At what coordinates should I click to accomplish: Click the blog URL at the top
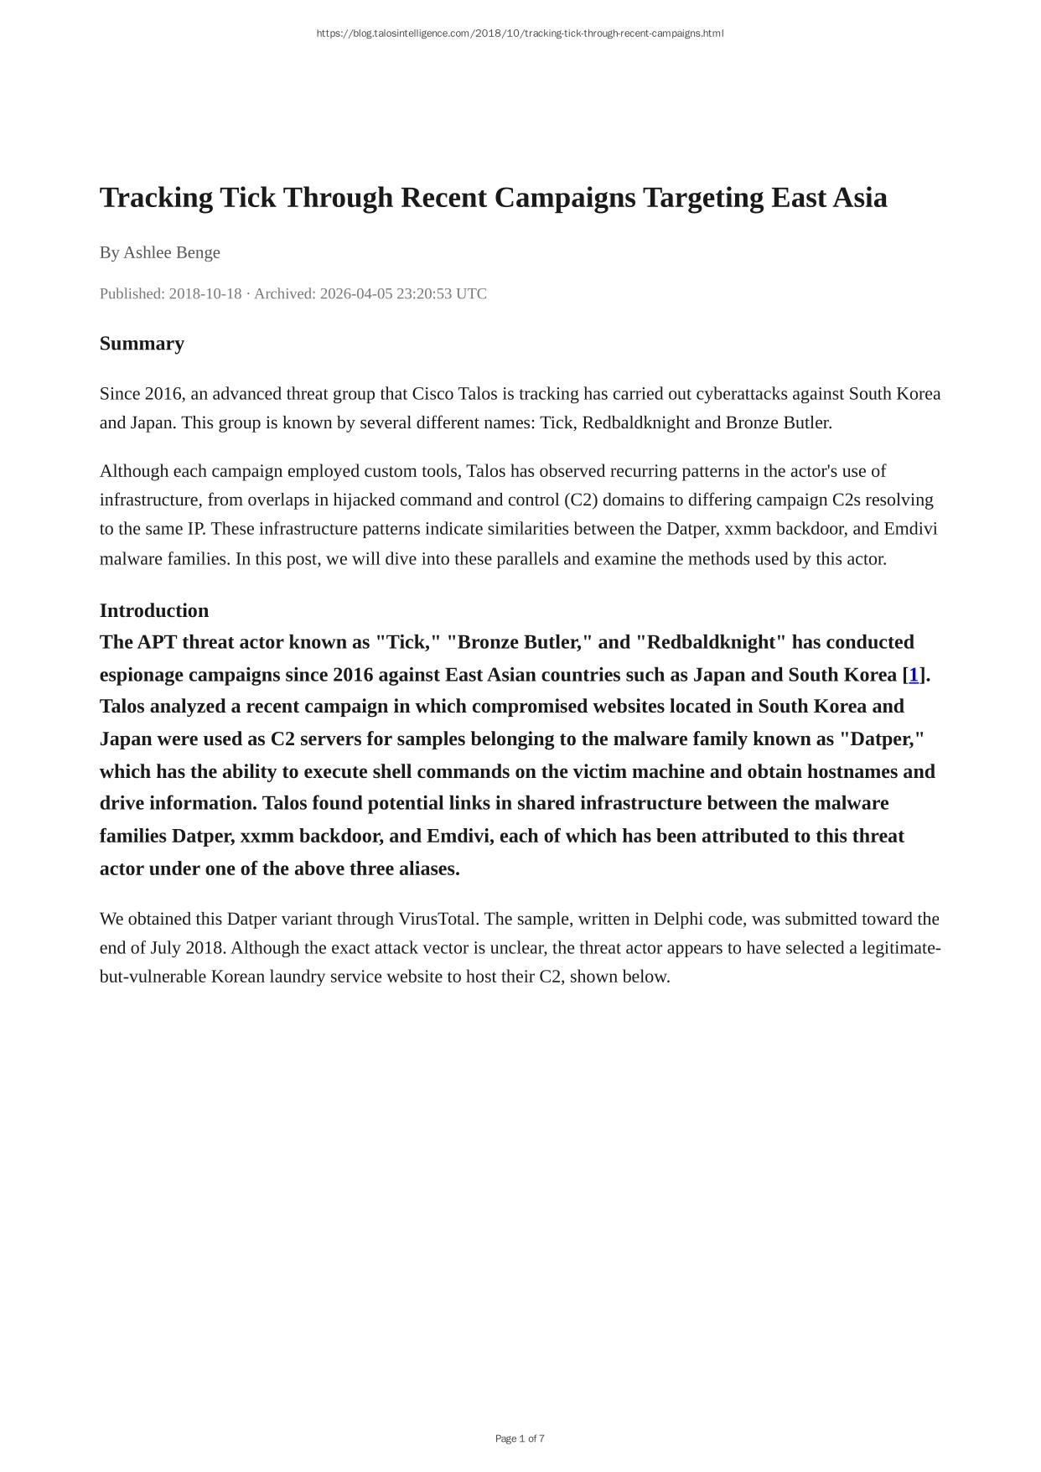(520, 34)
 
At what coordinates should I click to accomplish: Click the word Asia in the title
(857, 198)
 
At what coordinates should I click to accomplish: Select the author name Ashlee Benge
(172, 252)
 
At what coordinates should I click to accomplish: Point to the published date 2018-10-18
(205, 293)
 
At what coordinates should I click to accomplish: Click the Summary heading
(142, 344)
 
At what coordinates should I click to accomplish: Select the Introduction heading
(154, 610)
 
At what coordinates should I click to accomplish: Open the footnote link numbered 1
(914, 675)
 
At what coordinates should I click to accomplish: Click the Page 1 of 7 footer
(520, 1438)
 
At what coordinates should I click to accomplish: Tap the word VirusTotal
(438, 919)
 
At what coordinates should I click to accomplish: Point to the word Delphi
(678, 919)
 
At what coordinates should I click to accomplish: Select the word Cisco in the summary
(432, 394)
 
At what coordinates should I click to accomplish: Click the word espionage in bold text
(142, 675)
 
